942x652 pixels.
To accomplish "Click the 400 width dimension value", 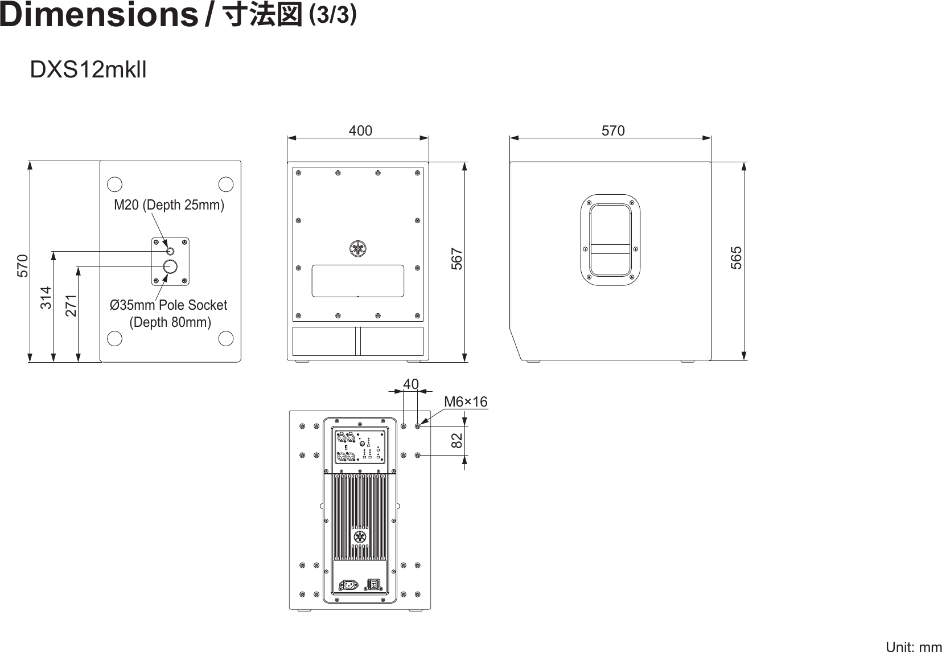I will (x=360, y=131).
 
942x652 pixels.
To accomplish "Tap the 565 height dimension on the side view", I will (x=737, y=257).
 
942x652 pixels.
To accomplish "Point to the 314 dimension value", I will (x=46, y=298).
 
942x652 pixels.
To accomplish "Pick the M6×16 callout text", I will (x=466, y=402).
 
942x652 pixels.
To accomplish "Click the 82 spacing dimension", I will (x=456, y=440).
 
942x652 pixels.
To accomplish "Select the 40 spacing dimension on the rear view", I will (x=410, y=385).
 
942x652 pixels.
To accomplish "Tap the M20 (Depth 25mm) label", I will (x=169, y=205).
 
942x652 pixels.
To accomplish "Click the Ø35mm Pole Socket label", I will (x=168, y=305).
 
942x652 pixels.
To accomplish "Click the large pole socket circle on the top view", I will (x=170, y=266).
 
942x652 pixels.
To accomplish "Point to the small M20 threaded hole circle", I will (x=170, y=251).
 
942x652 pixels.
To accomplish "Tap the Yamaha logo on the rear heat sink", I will (x=359, y=538).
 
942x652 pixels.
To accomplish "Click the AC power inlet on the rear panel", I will (x=348, y=584).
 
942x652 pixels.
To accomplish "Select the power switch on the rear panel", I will (x=373, y=584).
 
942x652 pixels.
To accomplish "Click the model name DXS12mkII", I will (x=88, y=71).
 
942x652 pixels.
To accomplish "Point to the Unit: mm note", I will (x=914, y=647).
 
